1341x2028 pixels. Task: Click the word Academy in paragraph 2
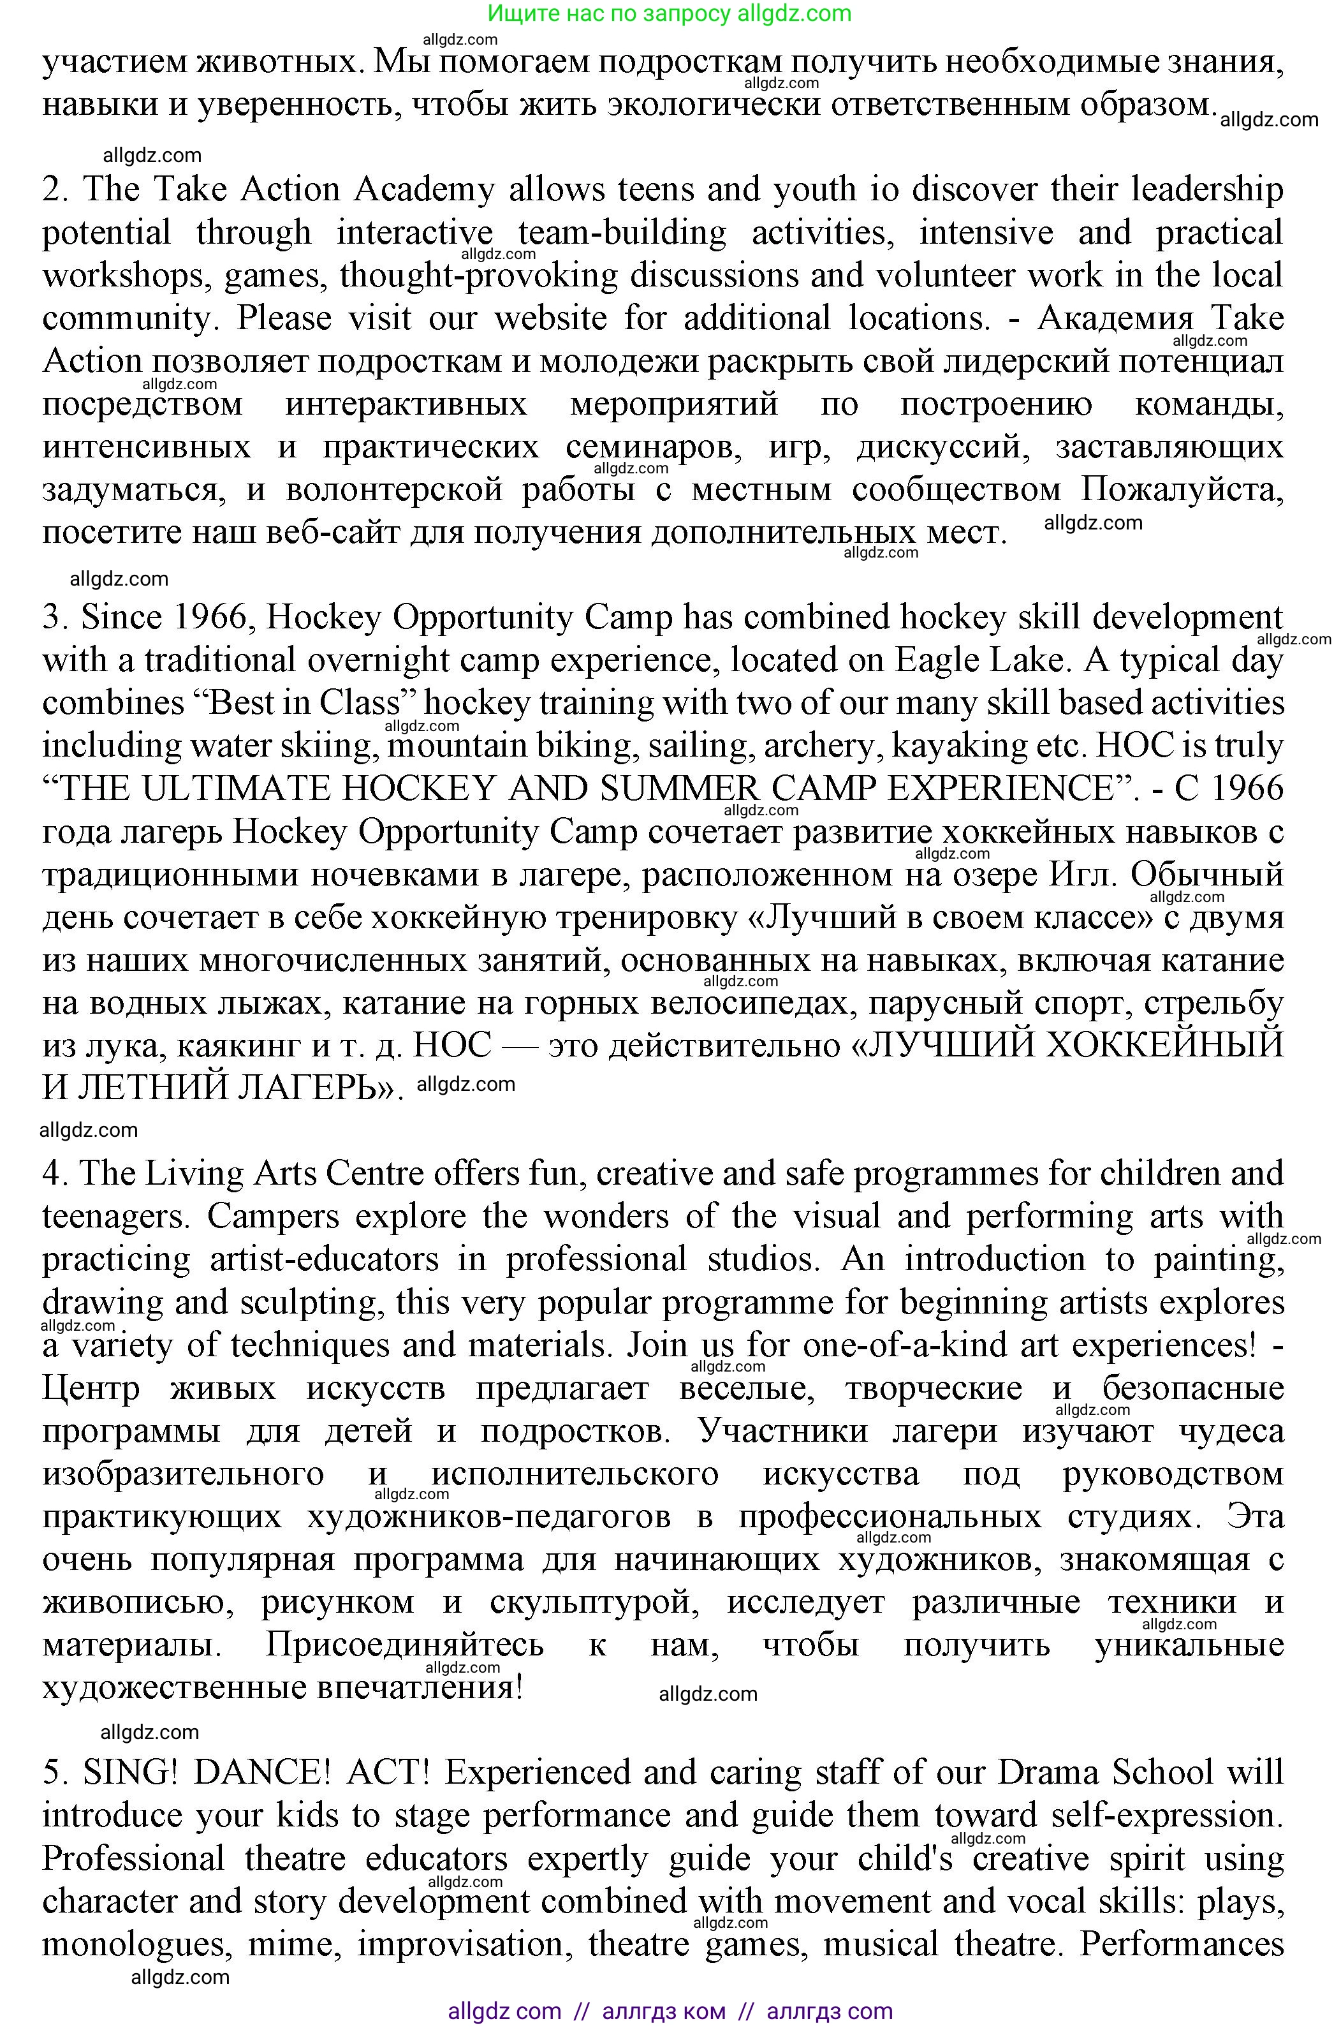424,190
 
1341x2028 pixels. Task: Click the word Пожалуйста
1182,490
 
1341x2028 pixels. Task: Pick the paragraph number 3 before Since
53,618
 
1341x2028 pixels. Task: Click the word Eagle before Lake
935,661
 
